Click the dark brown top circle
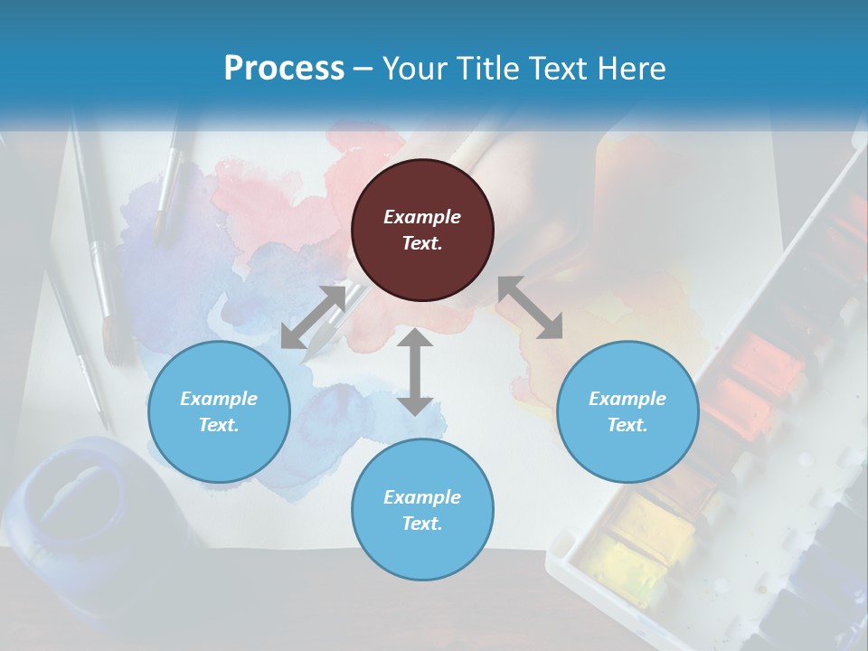tap(422, 231)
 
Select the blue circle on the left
tap(219, 411)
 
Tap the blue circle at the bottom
tap(422, 509)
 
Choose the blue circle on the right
tap(627, 411)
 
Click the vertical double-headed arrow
tap(415, 372)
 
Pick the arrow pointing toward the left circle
tap(313, 317)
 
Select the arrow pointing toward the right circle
tap(530, 307)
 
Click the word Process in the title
tap(284, 68)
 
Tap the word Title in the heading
tap(490, 68)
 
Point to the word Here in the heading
tap(631, 68)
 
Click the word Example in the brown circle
tap(422, 217)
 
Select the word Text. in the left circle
tap(219, 425)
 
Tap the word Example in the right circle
tap(627, 399)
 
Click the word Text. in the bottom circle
tap(422, 524)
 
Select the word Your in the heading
tap(410, 68)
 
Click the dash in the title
tap(363, 68)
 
